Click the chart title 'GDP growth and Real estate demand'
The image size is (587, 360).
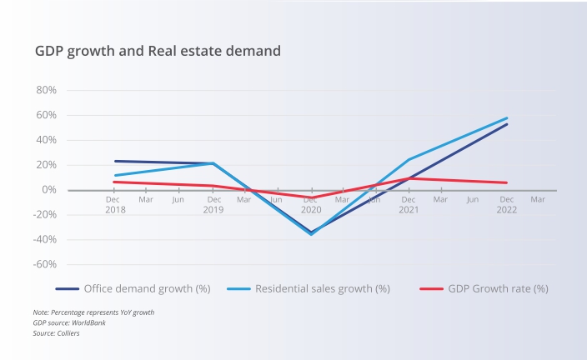point(158,51)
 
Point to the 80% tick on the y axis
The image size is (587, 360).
point(44,90)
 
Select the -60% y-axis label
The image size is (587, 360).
point(43,265)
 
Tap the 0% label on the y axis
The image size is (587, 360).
point(48,190)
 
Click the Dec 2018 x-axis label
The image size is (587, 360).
point(115,204)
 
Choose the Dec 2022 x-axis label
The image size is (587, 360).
point(506,204)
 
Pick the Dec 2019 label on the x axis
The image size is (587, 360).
point(213,204)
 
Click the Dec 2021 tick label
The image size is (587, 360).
point(409,204)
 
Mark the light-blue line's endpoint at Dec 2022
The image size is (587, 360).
point(506,118)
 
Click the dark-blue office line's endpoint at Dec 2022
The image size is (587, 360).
point(506,124)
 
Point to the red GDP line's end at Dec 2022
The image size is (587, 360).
point(506,182)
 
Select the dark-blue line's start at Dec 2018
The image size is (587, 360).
point(115,161)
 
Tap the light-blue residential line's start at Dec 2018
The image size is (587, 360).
point(115,176)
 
